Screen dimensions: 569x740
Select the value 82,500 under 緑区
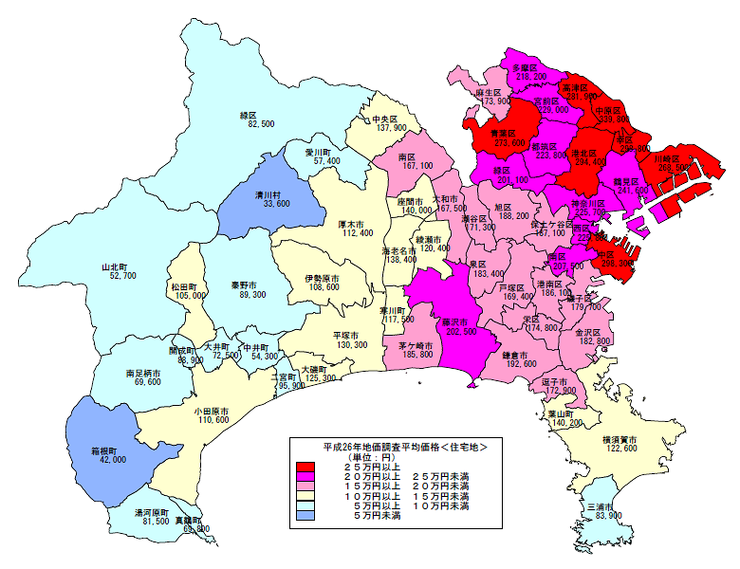(262, 124)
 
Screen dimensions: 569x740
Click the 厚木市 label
(355, 224)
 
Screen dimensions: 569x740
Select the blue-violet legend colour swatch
(305, 515)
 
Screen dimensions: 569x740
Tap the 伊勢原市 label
(321, 277)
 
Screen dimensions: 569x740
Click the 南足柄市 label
(143, 372)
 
